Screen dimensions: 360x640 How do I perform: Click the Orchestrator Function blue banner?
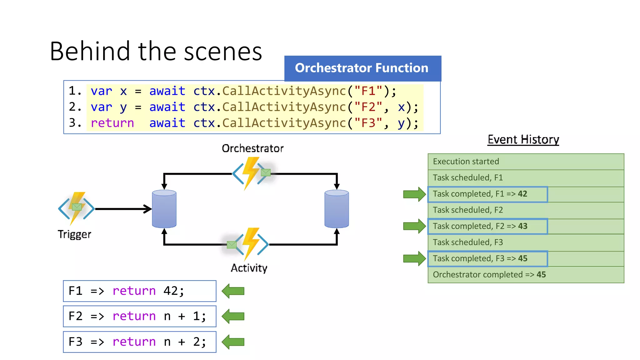point(362,68)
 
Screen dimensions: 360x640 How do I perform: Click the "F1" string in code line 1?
point(368,91)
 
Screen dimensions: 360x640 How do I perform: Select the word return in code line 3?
point(112,123)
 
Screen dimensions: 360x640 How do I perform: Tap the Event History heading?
point(523,139)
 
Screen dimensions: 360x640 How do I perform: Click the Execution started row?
point(526,162)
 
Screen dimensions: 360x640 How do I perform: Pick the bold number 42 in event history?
point(522,194)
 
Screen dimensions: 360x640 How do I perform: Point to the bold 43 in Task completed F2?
point(522,226)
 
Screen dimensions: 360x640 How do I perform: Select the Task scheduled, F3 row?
point(526,242)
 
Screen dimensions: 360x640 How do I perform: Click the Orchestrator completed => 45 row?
point(526,275)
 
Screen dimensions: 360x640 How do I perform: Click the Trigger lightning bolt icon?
point(76,208)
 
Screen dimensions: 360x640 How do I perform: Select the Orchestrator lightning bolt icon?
point(251,173)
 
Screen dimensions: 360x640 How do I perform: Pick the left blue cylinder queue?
point(164,209)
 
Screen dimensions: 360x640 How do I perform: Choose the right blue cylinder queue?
point(337,209)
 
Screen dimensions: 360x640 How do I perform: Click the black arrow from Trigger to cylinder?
point(123,209)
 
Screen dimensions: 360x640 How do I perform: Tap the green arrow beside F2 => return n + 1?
point(233,316)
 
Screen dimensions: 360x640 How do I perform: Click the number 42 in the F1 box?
point(171,291)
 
